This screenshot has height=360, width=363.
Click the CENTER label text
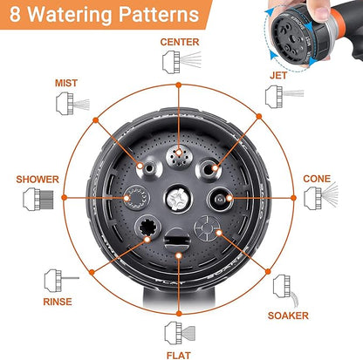pos(180,42)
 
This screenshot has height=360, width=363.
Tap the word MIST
pos(66,83)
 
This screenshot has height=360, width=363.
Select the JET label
pos(278,76)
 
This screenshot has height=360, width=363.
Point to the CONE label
pos(317,179)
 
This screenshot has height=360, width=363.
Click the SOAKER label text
pos(288,316)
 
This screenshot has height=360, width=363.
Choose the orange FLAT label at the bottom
pos(179,356)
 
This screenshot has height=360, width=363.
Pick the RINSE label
pos(58,302)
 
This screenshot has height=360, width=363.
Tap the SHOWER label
pos(38,180)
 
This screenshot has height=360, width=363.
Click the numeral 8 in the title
pos(15,14)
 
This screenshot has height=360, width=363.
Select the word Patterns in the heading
pos(159,15)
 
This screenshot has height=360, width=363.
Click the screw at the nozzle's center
pos(178,199)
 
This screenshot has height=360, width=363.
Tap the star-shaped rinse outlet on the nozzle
pos(148,228)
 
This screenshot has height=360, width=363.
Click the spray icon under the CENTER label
pos(181,62)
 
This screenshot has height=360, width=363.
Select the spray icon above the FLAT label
pos(180,333)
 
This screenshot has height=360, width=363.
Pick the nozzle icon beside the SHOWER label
pos(38,199)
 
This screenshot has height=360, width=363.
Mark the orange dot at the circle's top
pos(179,85)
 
